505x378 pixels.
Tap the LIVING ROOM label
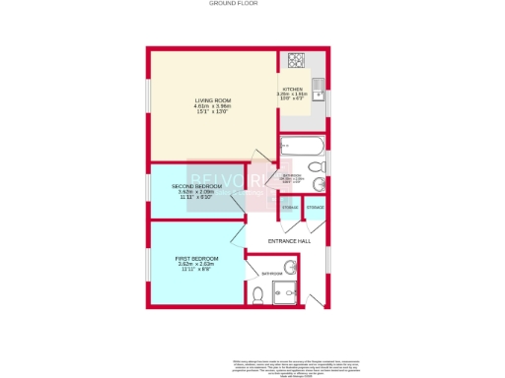[212, 100]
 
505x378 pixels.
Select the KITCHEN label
[293, 89]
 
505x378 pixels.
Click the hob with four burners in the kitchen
[295, 60]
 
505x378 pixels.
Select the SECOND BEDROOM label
[195, 186]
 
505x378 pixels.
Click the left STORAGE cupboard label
[290, 208]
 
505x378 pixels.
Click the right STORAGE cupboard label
[315, 208]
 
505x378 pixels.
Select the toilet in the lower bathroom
[256, 294]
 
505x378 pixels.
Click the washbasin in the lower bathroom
[289, 266]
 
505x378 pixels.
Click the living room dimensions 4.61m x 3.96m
[212, 106]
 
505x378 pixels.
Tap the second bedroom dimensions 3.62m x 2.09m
[195, 193]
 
